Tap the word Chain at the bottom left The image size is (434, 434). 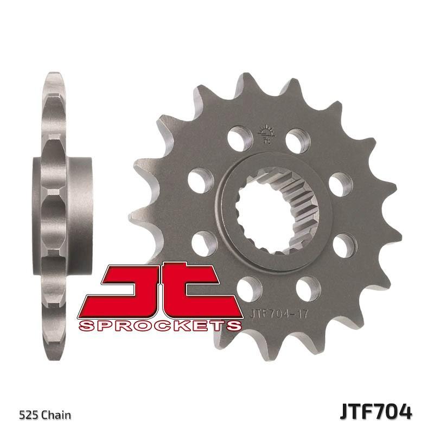(x=57, y=416)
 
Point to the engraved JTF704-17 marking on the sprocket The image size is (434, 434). (x=283, y=312)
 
